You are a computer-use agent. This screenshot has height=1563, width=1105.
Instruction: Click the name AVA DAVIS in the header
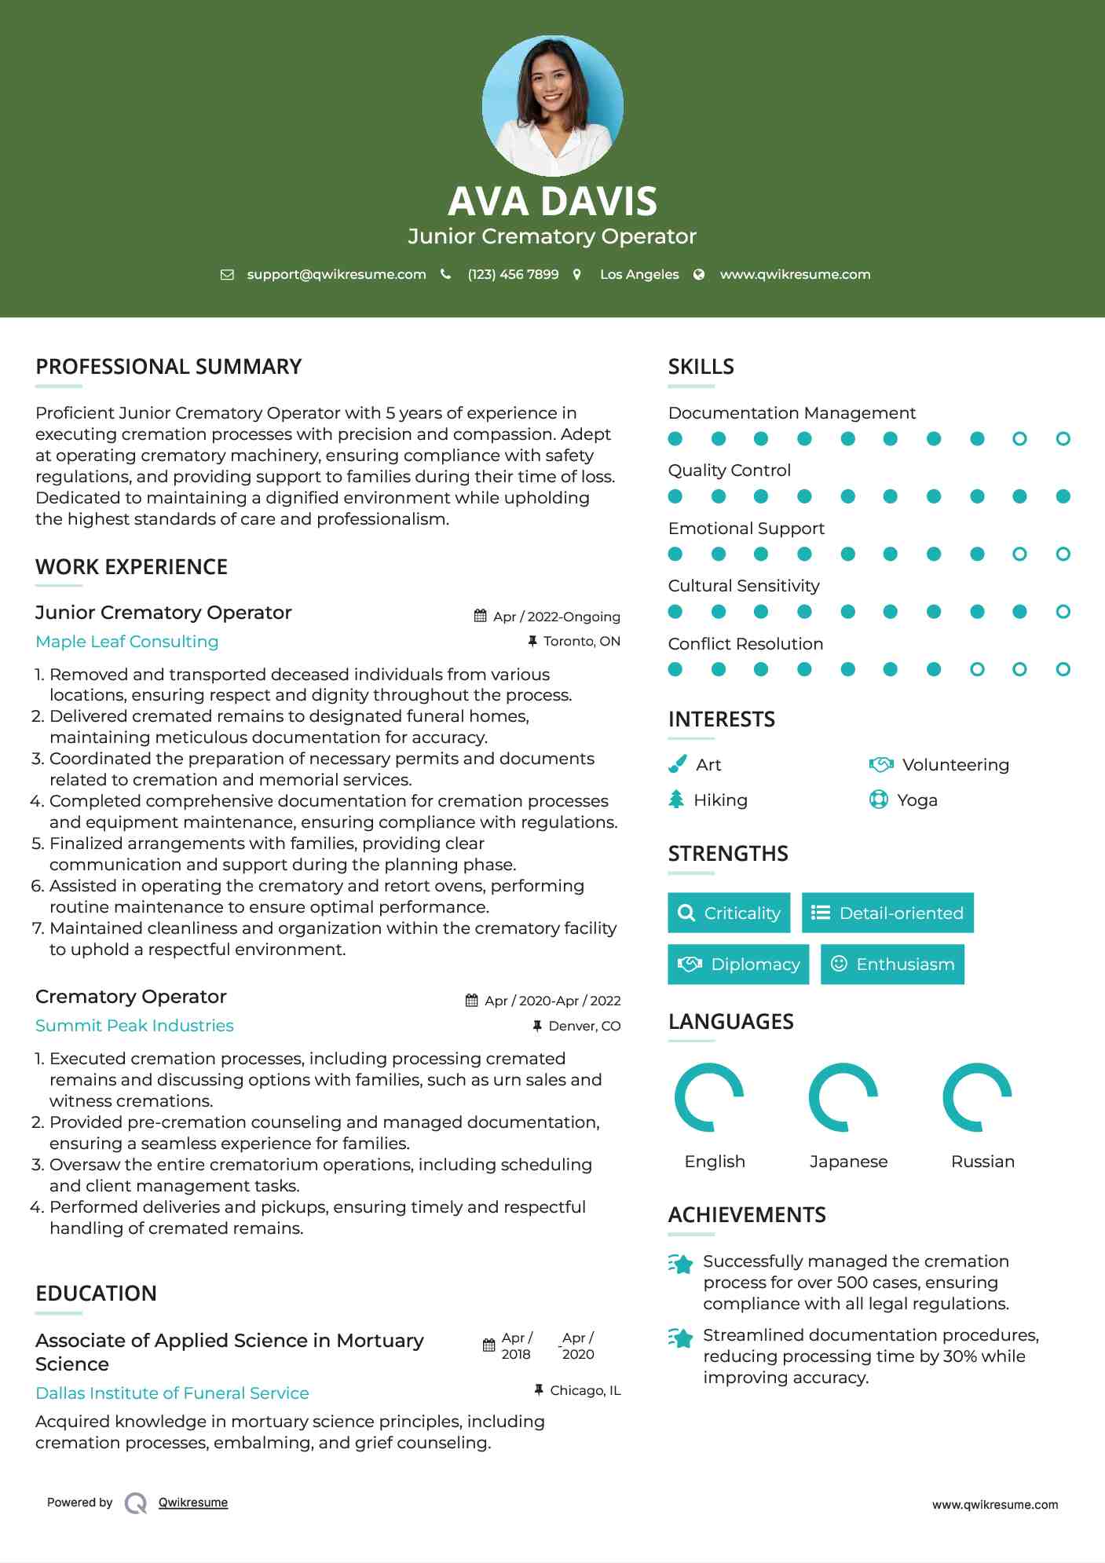pyautogui.click(x=552, y=201)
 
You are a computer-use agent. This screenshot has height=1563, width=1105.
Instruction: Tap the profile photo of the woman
pyautogui.click(x=552, y=105)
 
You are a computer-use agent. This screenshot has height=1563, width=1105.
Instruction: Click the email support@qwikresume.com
pyautogui.click(x=336, y=274)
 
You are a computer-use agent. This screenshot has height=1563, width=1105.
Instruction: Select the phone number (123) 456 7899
pyautogui.click(x=513, y=274)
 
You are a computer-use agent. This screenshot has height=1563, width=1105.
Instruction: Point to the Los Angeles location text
pyautogui.click(x=638, y=274)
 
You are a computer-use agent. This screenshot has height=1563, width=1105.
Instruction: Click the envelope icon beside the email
pyautogui.click(x=227, y=274)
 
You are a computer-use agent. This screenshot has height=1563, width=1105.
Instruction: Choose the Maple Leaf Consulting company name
pyautogui.click(x=127, y=641)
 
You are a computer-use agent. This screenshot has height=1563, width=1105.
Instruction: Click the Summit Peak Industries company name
pyautogui.click(x=134, y=1025)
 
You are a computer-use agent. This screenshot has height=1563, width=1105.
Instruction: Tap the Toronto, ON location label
pyautogui.click(x=581, y=641)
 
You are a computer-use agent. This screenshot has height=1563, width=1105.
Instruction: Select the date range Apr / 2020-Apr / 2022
pyautogui.click(x=552, y=1001)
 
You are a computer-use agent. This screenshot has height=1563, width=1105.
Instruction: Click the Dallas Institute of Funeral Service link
pyautogui.click(x=172, y=1393)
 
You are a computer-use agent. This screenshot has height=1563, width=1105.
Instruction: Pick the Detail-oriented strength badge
pyautogui.click(x=887, y=913)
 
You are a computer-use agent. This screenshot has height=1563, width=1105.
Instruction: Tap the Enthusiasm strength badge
pyautogui.click(x=892, y=964)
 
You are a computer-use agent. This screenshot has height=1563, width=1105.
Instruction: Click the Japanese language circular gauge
pyautogui.click(x=843, y=1096)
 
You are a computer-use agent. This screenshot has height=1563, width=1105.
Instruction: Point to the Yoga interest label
pyautogui.click(x=917, y=800)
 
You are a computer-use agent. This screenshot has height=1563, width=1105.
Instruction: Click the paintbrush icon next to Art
pyautogui.click(x=677, y=764)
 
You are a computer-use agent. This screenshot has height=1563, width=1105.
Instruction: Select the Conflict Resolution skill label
pyautogui.click(x=745, y=643)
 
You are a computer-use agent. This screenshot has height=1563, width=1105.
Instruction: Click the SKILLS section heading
pyautogui.click(x=701, y=367)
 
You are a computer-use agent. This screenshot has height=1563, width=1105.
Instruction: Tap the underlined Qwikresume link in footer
pyautogui.click(x=193, y=1502)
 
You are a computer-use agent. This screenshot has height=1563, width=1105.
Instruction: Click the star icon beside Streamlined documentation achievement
pyautogui.click(x=681, y=1337)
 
